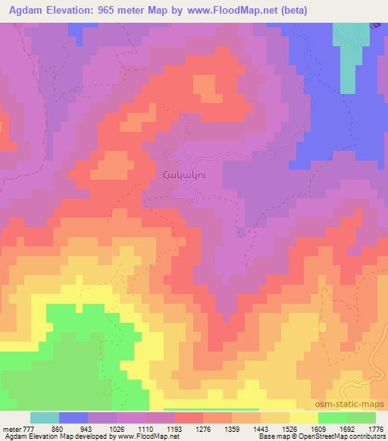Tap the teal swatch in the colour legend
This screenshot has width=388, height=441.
pos(45,417)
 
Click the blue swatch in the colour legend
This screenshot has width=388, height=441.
pos(74,417)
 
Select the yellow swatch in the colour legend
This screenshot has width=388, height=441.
pos(303,417)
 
